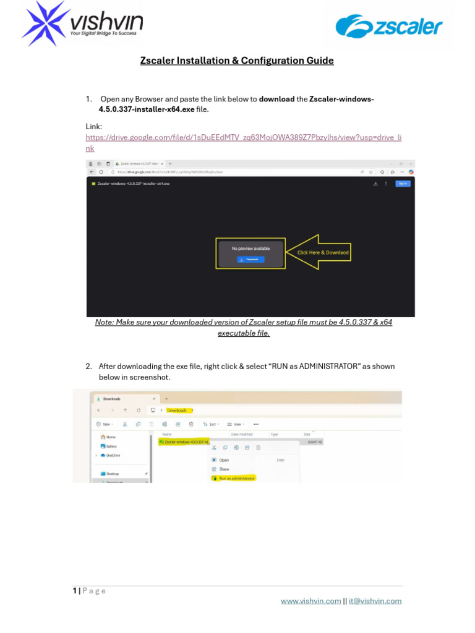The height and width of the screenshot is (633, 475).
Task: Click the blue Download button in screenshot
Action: [250, 260]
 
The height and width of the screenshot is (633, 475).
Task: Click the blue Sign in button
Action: [403, 184]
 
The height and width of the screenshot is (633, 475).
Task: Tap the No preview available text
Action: [250, 249]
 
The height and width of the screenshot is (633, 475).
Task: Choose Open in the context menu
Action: [223, 460]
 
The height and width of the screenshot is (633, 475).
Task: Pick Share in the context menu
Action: [223, 469]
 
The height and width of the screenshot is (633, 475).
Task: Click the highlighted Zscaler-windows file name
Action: [184, 442]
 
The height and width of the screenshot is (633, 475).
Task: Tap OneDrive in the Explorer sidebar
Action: [113, 455]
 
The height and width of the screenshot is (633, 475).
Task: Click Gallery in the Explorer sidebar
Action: [111, 446]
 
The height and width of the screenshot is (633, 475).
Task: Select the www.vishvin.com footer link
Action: [310, 601]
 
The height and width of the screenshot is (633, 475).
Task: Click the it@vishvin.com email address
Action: [375, 601]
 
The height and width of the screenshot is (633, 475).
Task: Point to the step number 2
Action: [88, 367]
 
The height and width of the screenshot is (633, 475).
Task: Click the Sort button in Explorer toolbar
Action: [212, 424]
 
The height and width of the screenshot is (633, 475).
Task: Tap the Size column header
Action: [307, 435]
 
